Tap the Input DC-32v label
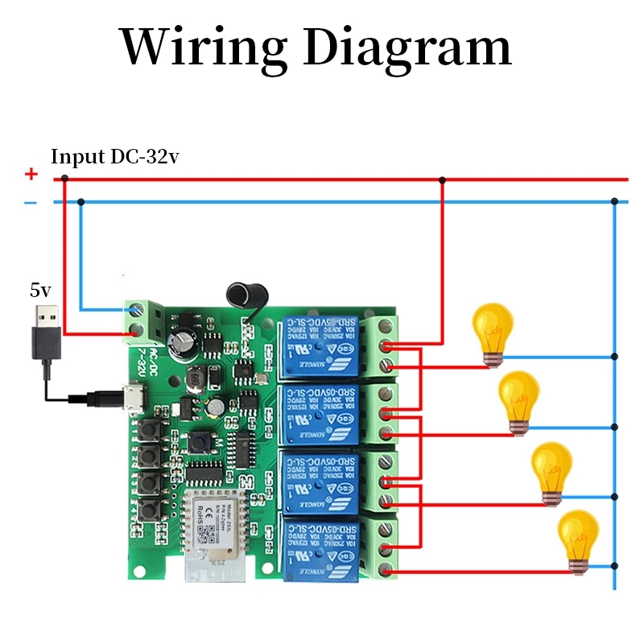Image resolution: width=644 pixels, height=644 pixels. pyautogui.click(x=115, y=157)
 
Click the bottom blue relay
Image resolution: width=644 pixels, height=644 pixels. pyautogui.click(x=320, y=547)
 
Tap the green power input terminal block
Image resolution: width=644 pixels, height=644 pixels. pyautogui.click(x=138, y=319)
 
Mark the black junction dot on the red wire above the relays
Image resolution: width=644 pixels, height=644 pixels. pyautogui.click(x=441, y=180)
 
